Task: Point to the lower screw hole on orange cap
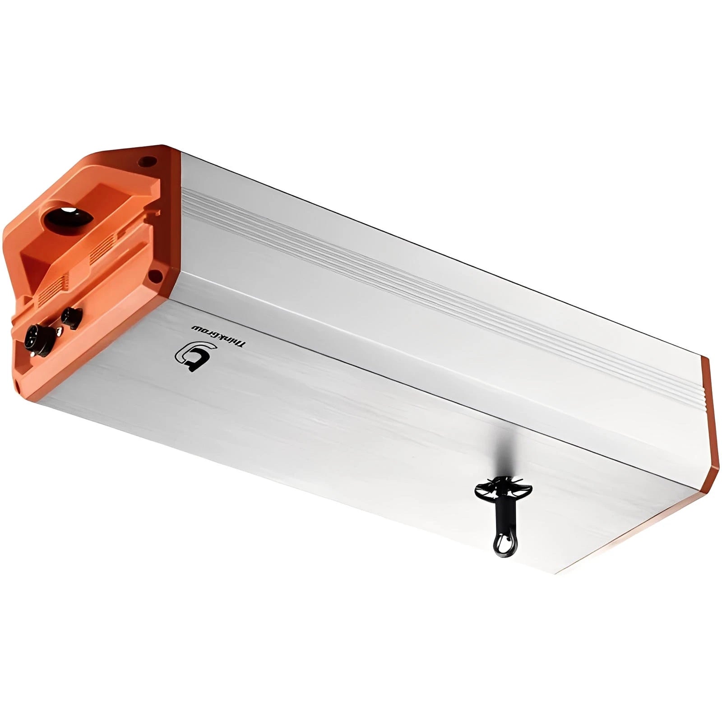[155, 274]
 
